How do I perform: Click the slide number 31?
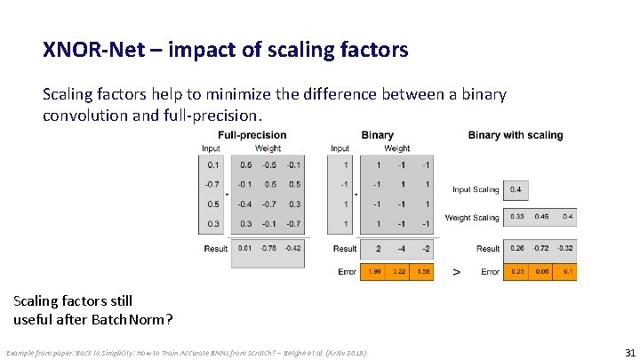pos(630,352)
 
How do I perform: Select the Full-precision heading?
pos(252,135)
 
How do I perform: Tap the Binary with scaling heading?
pos(516,135)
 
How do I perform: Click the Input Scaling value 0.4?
pos(516,189)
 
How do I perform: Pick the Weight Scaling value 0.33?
pos(516,217)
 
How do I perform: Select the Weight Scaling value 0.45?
pos(541,217)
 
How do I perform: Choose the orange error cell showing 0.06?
pos(541,271)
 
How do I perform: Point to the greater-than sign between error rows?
pos(457,271)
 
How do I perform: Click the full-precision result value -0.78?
pos(268,249)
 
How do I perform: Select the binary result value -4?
pos(400,249)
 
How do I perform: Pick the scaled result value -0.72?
pos(541,249)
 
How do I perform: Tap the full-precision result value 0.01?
pos(244,249)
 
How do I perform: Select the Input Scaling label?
pos(476,189)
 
